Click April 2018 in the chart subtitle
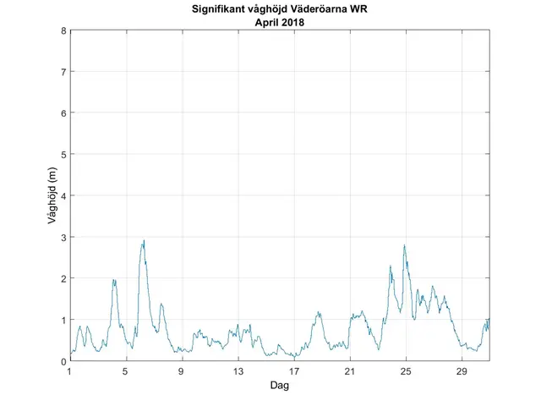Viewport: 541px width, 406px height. pyautogui.click(x=280, y=23)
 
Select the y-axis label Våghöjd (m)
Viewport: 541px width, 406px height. pyautogui.click(x=52, y=196)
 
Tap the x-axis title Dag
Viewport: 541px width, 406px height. pyautogui.click(x=280, y=386)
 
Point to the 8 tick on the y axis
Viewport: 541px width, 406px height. pyautogui.click(x=63, y=31)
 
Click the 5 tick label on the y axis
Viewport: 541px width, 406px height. pyautogui.click(x=63, y=155)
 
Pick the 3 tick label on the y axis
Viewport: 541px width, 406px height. pyautogui.click(x=63, y=238)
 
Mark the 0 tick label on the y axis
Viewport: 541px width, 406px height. pyautogui.click(x=63, y=361)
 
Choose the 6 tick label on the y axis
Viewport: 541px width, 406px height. pyautogui.click(x=63, y=113)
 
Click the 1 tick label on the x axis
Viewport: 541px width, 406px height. pyautogui.click(x=70, y=372)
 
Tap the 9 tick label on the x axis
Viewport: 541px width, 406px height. pyautogui.click(x=182, y=372)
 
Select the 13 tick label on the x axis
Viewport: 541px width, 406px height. pyautogui.click(x=238, y=372)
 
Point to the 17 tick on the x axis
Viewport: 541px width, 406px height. pyautogui.click(x=294, y=372)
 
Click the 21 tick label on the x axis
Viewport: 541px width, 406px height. pyautogui.click(x=350, y=372)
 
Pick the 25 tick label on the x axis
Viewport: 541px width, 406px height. pyautogui.click(x=406, y=372)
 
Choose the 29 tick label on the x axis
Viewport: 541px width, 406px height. pyautogui.click(x=462, y=372)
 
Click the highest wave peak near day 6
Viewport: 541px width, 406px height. pyautogui.click(x=144, y=241)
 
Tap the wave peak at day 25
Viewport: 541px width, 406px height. pyautogui.click(x=405, y=246)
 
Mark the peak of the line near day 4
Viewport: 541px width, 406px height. pyautogui.click(x=113, y=280)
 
